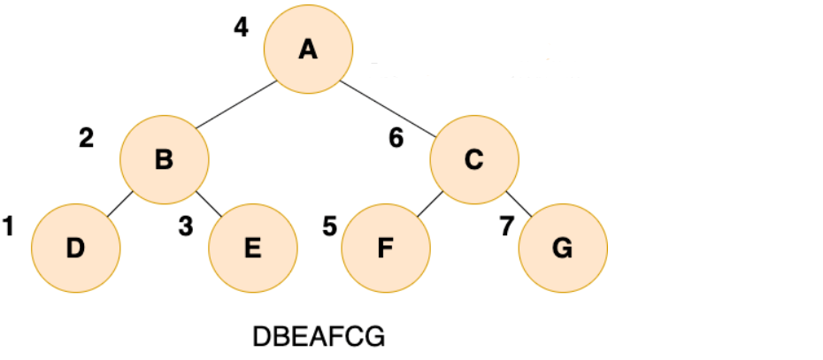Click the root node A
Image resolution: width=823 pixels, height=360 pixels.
(308, 50)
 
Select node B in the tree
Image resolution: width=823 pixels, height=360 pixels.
(165, 160)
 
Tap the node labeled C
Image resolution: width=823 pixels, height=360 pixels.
(474, 160)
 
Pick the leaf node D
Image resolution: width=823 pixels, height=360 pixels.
(75, 248)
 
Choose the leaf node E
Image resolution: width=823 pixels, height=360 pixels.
(252, 248)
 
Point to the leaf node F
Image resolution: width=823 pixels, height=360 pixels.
(385, 248)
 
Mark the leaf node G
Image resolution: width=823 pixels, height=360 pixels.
(562, 248)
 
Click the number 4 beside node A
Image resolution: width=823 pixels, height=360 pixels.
(241, 27)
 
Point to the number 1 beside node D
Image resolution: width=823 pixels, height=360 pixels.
(9, 227)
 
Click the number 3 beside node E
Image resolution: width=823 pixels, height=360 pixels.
(185, 227)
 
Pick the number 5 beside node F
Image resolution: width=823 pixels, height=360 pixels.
(329, 227)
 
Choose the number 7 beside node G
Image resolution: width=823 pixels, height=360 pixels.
(506, 227)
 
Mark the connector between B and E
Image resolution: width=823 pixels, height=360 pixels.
(208, 204)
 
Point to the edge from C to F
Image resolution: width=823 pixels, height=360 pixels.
(429, 204)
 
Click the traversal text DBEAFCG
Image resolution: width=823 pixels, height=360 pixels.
(319, 337)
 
